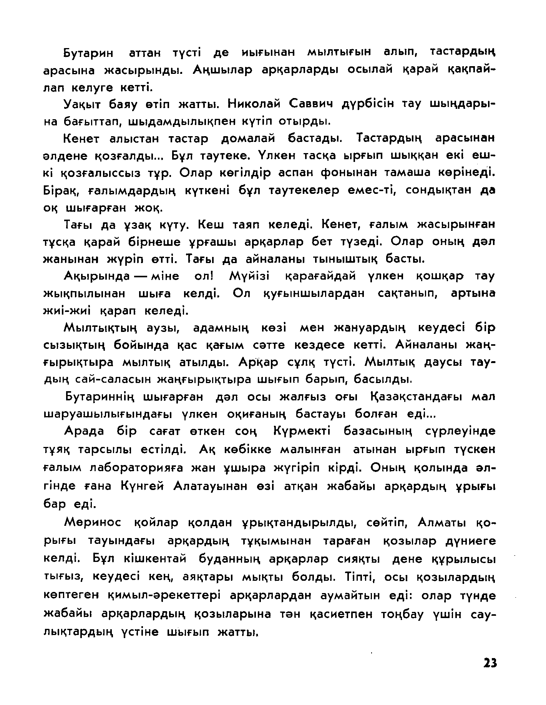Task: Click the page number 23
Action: [x=490, y=663]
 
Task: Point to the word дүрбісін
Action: [x=369, y=104]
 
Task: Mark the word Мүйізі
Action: [x=249, y=276]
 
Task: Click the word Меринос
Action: [x=93, y=523]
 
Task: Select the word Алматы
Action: [x=442, y=523]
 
